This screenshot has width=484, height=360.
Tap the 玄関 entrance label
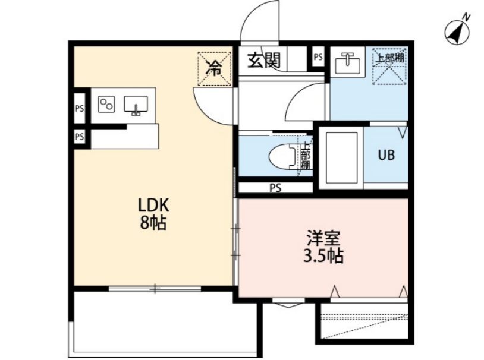(x=265, y=59)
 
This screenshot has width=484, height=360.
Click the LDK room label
(x=155, y=206)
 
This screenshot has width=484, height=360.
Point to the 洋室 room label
(x=323, y=239)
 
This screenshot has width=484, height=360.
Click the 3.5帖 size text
(x=323, y=257)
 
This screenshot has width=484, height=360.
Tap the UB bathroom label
(x=386, y=155)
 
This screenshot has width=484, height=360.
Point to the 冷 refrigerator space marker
(x=212, y=67)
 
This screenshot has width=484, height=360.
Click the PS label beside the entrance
(x=318, y=58)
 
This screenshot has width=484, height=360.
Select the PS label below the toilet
(x=275, y=188)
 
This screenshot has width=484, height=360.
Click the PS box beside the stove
(x=79, y=109)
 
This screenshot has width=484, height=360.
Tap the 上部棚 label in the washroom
(x=390, y=58)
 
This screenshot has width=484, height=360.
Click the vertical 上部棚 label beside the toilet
(x=306, y=156)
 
